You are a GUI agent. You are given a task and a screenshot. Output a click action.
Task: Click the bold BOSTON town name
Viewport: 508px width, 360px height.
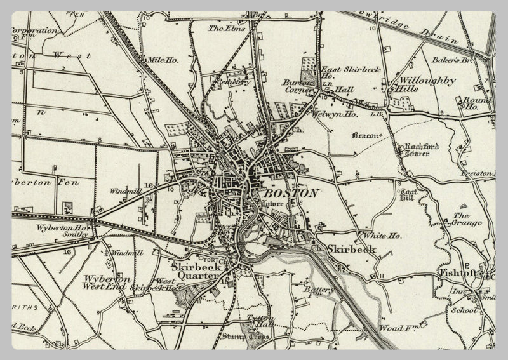tap(291, 193)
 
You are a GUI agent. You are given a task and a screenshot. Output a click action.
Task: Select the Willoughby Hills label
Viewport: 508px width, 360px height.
tap(420, 84)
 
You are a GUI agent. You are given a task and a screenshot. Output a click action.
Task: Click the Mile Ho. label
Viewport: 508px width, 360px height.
tap(163, 60)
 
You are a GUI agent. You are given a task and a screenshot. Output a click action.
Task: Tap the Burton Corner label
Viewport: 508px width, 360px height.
tap(298, 86)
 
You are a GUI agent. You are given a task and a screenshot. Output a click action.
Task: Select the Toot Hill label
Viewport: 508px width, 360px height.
tap(406, 194)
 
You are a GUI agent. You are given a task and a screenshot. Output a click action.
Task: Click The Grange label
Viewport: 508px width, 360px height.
tap(467, 219)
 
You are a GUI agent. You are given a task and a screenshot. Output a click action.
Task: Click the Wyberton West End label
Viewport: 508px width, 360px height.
tap(106, 283)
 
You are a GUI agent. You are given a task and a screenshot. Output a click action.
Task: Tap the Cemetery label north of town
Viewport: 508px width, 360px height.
tap(232, 82)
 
